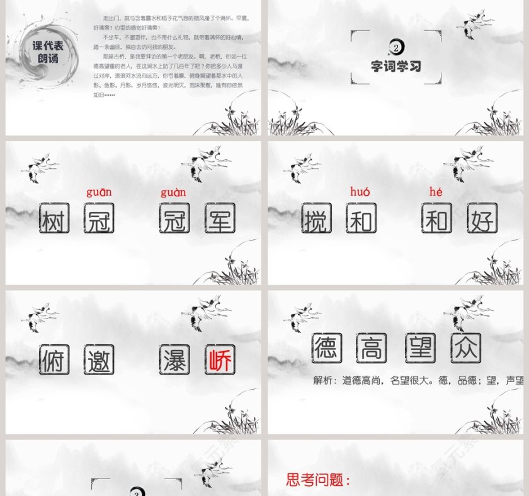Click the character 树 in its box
[x=54, y=218]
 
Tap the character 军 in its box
[x=220, y=218]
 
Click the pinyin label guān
[x=99, y=192]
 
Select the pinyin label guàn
[x=173, y=192]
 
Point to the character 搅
[x=316, y=218]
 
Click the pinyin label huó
[x=360, y=191]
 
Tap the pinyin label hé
[x=436, y=191]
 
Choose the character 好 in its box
[x=482, y=218]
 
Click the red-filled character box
[x=220, y=360]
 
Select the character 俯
[x=54, y=360]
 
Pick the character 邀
[x=99, y=360]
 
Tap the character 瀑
[x=174, y=360]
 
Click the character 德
[x=327, y=348]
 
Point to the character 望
[x=420, y=348]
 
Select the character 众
[x=466, y=348]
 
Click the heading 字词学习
[x=395, y=66]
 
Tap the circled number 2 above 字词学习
[x=395, y=47]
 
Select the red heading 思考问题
[x=318, y=480]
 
